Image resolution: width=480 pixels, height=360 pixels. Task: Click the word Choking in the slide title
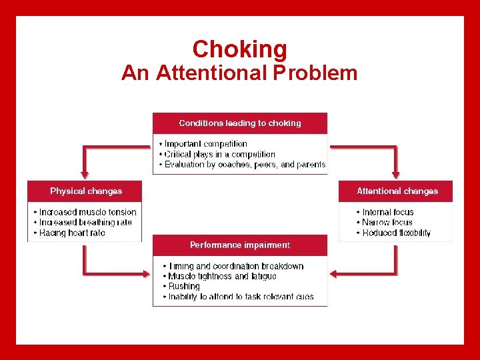pos(239,49)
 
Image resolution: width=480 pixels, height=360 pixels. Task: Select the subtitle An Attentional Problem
pos(239,73)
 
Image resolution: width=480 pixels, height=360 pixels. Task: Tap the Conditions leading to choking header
pos(240,123)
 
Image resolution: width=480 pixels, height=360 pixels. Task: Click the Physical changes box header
pos(86,191)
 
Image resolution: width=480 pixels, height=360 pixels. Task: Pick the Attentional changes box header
pos(397,191)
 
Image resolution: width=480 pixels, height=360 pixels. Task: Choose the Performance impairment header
pos(240,245)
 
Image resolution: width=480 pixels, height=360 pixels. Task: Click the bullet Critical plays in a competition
pos(219,154)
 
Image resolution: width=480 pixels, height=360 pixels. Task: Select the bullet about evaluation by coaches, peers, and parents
pos(245,165)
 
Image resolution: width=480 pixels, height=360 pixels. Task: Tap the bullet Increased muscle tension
pos(87,212)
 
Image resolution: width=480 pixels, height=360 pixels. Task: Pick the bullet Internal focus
pos(388,212)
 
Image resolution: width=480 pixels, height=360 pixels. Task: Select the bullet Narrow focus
pos(387,223)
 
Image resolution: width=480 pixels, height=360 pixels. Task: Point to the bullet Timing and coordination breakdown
pos(235,266)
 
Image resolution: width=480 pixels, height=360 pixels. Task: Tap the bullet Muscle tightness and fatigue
pos(222,276)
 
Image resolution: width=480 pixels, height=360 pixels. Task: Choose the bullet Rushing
pos(184,286)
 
